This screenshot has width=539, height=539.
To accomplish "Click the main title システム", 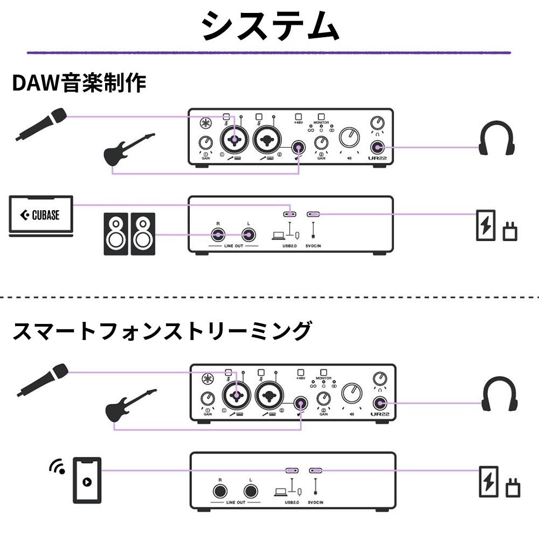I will pyautogui.click(x=269, y=26).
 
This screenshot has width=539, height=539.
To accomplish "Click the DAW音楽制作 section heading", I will pyautogui.click(x=79, y=84).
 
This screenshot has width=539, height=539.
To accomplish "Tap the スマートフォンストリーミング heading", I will pyautogui.click(x=162, y=330).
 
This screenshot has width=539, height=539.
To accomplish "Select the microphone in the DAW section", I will pyautogui.click(x=42, y=125).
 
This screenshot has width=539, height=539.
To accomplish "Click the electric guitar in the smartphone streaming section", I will pyautogui.click(x=131, y=406).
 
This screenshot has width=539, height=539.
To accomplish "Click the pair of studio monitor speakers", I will pyautogui.click(x=129, y=234).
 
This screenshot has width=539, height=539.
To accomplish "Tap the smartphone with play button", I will pyautogui.click(x=87, y=479).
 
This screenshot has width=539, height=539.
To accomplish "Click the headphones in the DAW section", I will pyautogui.click(x=496, y=140).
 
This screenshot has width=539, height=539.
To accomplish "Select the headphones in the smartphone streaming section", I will pyautogui.click(x=499, y=395).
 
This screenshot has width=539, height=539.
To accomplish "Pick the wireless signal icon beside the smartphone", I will pyautogui.click(x=57, y=467).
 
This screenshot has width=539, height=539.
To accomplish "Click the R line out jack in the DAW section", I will pyautogui.click(x=218, y=234).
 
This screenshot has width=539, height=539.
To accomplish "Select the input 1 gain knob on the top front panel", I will pyautogui.click(x=206, y=143).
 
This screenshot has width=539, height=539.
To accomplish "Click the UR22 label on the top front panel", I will pyautogui.click(x=377, y=158).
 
